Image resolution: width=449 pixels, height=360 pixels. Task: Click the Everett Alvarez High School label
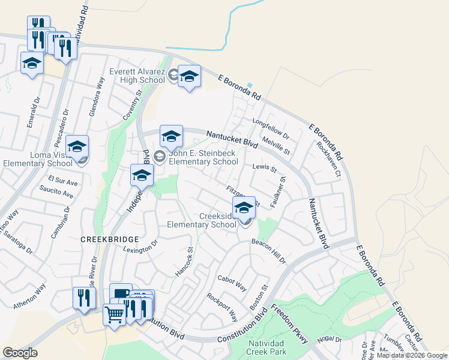point(137,76)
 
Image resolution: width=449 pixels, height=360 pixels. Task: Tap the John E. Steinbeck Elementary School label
point(203,157)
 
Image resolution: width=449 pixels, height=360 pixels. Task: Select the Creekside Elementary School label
point(202,221)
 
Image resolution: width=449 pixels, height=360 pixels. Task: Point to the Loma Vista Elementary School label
point(38,159)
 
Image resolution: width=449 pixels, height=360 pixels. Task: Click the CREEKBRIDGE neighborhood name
point(106,238)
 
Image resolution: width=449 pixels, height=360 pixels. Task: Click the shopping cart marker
point(113,313)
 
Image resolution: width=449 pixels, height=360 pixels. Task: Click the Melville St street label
point(276,146)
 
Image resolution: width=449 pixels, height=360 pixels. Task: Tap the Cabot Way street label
point(232,283)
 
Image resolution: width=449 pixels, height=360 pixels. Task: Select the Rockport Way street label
point(222,307)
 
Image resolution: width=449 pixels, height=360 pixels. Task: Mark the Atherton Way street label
point(29,297)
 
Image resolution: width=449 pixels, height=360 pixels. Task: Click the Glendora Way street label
point(97,95)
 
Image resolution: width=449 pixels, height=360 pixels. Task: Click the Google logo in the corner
point(20,353)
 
